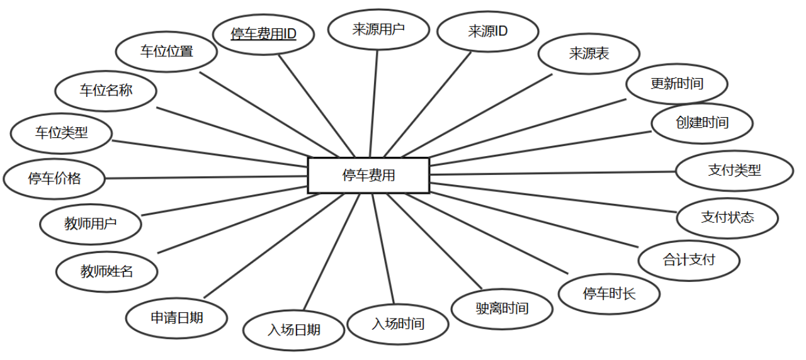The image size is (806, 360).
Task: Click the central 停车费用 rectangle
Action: click(368, 175)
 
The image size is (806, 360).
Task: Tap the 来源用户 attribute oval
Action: click(378, 29)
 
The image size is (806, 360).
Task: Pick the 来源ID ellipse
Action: click(488, 31)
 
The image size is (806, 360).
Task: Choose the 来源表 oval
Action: click(589, 53)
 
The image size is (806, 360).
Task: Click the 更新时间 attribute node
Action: click(677, 83)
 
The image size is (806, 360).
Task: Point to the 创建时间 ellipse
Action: click(701, 123)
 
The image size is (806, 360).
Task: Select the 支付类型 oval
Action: click(734, 170)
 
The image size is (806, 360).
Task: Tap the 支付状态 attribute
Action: click(727, 218)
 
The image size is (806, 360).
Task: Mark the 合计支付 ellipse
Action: click(689, 259)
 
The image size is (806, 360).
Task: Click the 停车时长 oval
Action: click(609, 293)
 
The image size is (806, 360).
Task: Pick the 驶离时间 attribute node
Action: click(502, 308)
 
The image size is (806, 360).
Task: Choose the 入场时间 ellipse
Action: click(398, 324)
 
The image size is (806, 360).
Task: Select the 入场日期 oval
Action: click(294, 330)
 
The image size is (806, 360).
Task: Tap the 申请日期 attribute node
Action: click(176, 318)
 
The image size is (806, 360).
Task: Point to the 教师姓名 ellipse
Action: click(106, 272)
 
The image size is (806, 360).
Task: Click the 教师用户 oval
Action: click(90, 223)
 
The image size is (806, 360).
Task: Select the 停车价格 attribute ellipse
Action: click(54, 179)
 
